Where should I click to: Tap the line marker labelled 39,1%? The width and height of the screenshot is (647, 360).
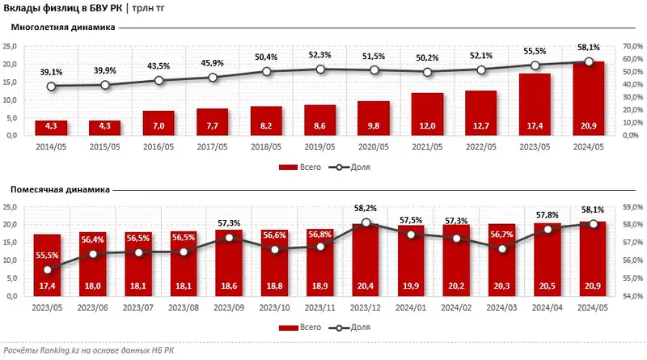51,87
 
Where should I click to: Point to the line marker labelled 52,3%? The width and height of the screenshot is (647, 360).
320,70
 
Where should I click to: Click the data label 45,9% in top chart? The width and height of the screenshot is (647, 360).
213,62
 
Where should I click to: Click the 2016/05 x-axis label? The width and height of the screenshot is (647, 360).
159,146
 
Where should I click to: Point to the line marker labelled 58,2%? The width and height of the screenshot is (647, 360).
367,222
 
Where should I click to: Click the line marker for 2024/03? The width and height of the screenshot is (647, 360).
502,248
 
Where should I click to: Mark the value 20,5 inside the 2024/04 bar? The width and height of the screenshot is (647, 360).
548,286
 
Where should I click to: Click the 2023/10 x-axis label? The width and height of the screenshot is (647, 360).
275,307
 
